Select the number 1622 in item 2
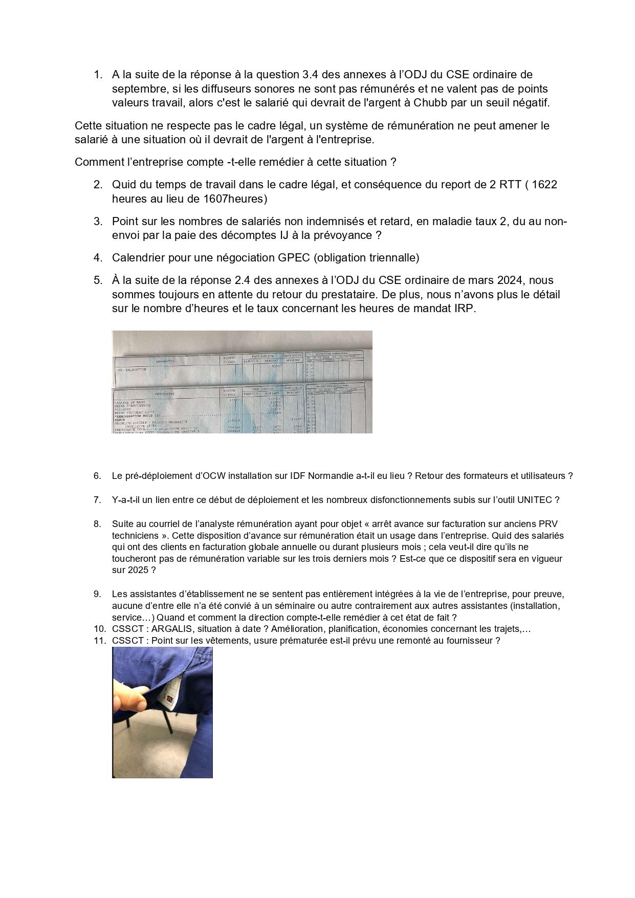[544, 184]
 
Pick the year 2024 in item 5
[511, 280]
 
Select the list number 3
[98, 222]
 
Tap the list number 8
[97, 524]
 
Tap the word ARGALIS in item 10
[172, 629]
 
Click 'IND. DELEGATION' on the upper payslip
[132, 369]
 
